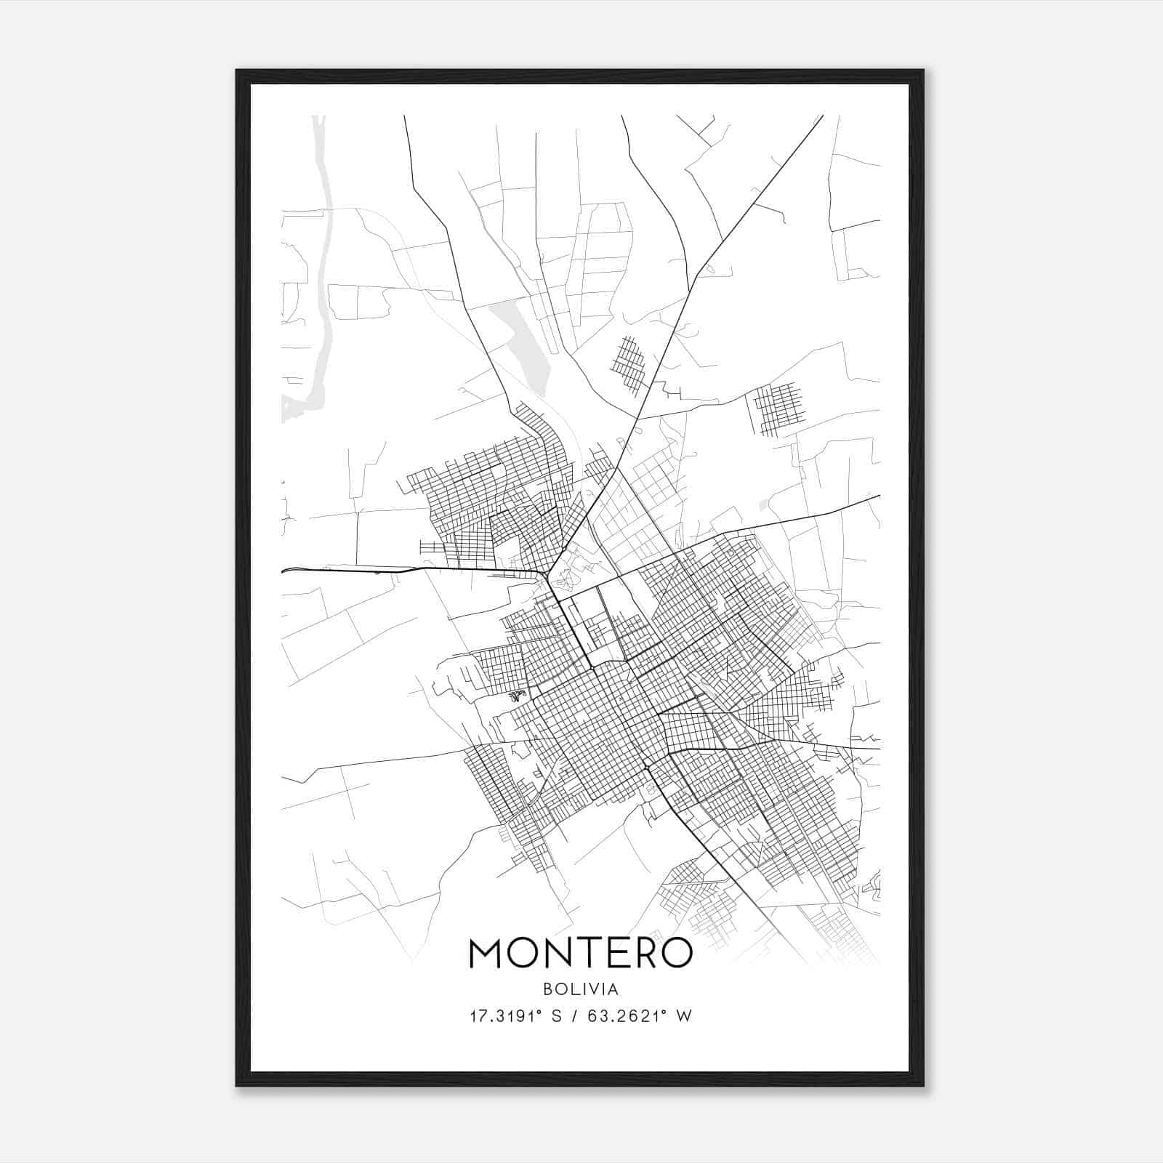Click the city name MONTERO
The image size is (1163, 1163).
pos(581,953)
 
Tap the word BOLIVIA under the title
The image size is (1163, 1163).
pos(581,989)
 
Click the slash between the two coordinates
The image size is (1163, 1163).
pos(575,1016)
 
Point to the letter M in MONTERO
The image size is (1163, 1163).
pos(488,953)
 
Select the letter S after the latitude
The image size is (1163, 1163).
pos(556,1016)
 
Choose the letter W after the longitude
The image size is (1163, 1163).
pos(683,1016)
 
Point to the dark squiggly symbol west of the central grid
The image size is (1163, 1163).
pos(516,696)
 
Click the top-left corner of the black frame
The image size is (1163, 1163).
pos(237,71)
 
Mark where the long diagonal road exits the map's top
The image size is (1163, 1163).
pos(822,116)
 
